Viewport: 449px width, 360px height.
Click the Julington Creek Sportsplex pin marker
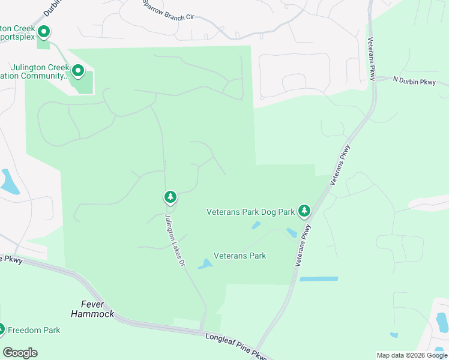point(43,32)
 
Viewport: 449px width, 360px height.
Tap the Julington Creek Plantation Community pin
point(78,72)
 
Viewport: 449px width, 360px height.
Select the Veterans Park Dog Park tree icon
point(304,211)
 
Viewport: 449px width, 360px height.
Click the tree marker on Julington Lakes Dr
point(170,197)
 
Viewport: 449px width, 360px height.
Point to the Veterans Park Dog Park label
point(250,212)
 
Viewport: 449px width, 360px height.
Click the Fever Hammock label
point(92,309)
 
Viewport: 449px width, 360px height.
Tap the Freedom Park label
point(34,330)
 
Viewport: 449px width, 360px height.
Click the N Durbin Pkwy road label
point(414,81)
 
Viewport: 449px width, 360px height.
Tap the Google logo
point(20,352)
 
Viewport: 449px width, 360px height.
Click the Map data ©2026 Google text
point(412,355)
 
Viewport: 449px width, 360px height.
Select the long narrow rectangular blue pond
point(319,279)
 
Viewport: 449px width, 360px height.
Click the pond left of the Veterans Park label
point(205,263)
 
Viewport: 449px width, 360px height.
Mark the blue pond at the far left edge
point(8,182)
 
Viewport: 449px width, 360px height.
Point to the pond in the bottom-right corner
point(442,322)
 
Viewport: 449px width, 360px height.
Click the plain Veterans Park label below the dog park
point(240,256)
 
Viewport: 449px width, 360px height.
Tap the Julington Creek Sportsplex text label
point(18,32)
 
